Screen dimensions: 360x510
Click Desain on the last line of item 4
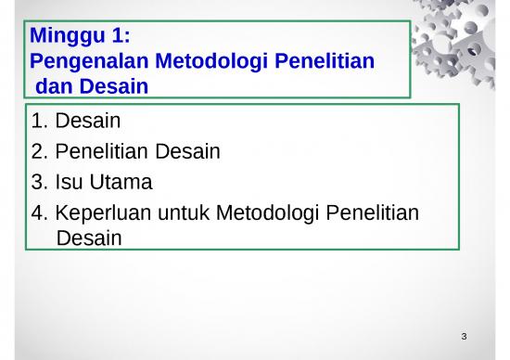pos(89,238)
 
